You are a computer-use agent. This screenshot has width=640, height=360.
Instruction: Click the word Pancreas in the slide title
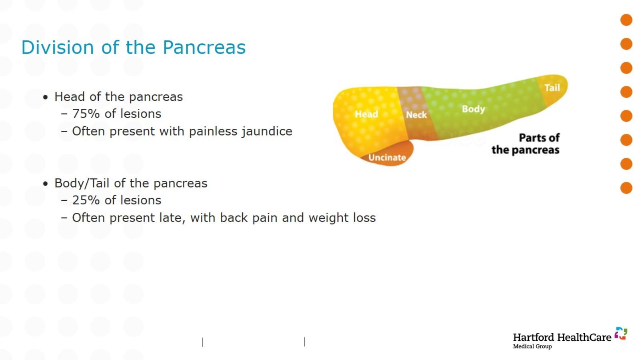click(204, 48)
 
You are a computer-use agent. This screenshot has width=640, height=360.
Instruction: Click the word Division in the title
click(58, 48)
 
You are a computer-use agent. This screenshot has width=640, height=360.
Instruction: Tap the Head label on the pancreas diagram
click(366, 114)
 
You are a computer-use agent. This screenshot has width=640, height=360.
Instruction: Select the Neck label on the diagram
click(416, 115)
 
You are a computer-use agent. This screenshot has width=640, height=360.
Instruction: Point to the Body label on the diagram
click(474, 109)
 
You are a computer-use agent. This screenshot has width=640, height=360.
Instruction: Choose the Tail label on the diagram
click(552, 88)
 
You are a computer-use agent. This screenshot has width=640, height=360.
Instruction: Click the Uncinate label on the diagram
click(387, 158)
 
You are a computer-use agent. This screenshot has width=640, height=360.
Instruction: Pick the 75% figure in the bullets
click(86, 114)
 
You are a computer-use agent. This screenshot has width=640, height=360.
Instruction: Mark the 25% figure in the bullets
click(86, 200)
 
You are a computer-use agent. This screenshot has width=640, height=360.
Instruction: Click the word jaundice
click(267, 132)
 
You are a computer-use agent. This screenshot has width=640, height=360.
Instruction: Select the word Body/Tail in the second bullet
click(82, 184)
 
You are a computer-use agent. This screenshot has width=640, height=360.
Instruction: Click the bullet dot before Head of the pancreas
click(46, 98)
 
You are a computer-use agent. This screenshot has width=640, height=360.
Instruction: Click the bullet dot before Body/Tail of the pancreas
click(46, 184)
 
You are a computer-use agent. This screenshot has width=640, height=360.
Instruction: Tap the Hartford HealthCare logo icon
click(621, 334)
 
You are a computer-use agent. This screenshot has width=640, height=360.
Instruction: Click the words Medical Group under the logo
click(532, 346)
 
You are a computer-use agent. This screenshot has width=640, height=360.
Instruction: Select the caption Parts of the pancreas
click(526, 144)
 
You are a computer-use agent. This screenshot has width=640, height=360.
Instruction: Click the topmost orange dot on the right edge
click(626, 20)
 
